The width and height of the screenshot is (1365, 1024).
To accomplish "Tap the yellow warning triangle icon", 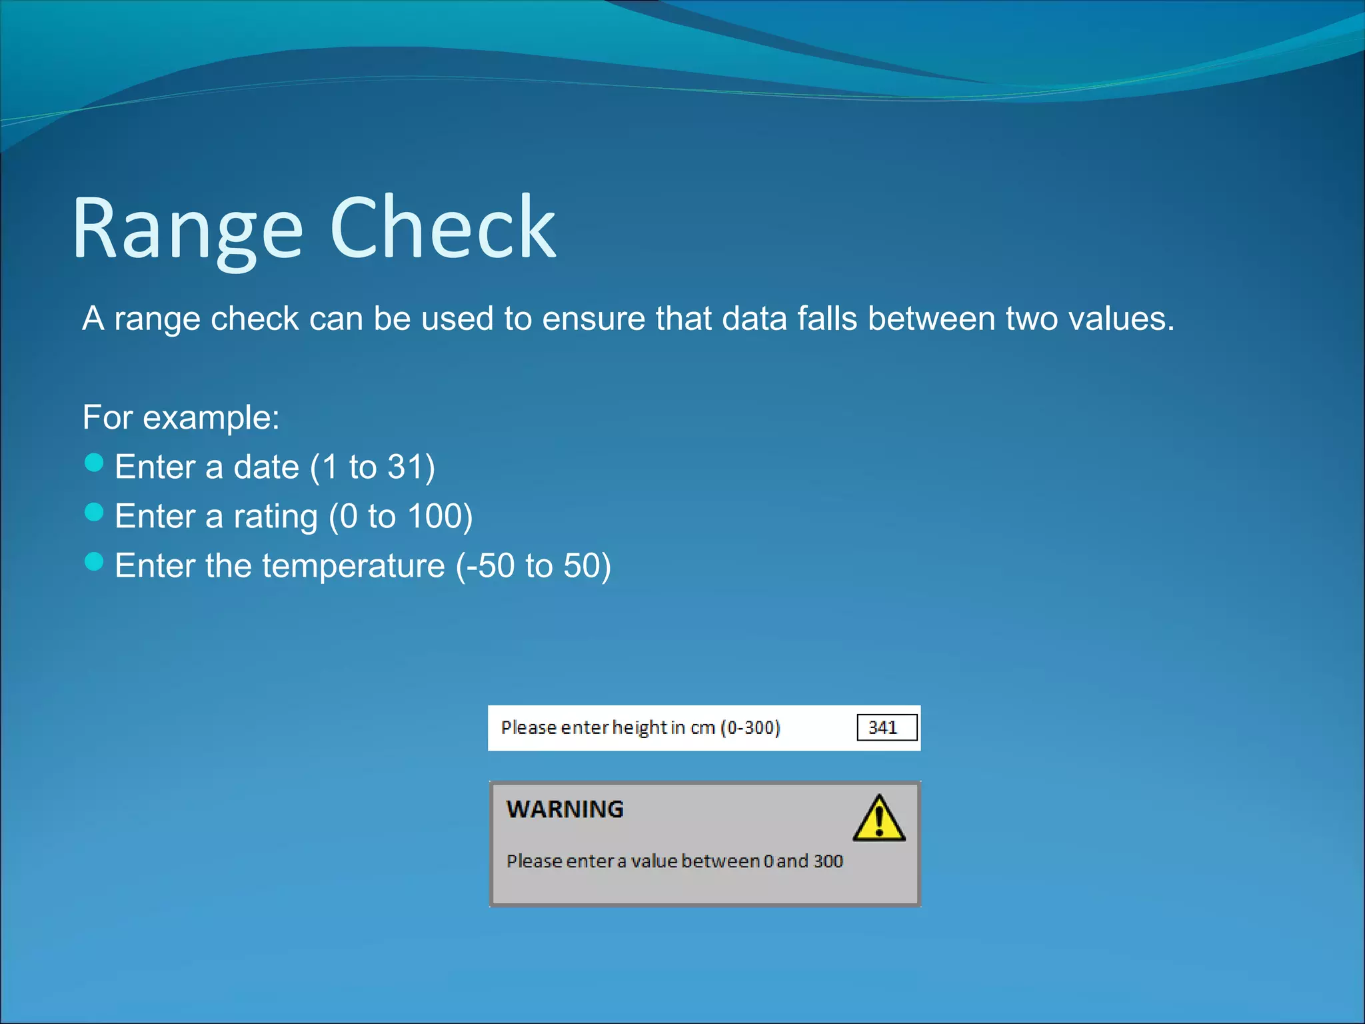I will point(878,819).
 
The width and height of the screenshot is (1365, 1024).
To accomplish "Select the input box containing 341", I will point(886,727).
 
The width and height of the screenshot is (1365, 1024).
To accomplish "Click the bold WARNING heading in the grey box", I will point(565,809).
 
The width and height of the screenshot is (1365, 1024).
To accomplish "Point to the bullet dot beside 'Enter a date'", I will point(94,463).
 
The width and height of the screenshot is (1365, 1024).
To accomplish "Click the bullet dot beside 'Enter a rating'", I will point(94,512).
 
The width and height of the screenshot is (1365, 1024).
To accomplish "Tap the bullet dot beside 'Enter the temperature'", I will point(94,562).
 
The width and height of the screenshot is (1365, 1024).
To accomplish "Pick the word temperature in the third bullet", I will point(353,566).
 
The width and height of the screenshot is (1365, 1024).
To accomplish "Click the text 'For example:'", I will point(181,417).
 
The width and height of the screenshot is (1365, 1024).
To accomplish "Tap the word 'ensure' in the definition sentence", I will point(593,319).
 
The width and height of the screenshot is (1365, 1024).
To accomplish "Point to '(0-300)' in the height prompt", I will point(750,727).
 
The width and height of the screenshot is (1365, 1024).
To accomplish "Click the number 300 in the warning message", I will point(828,861).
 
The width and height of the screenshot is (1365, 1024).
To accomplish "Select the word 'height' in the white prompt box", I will point(639,727).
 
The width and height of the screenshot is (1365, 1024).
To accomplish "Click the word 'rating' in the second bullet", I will point(275,517).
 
